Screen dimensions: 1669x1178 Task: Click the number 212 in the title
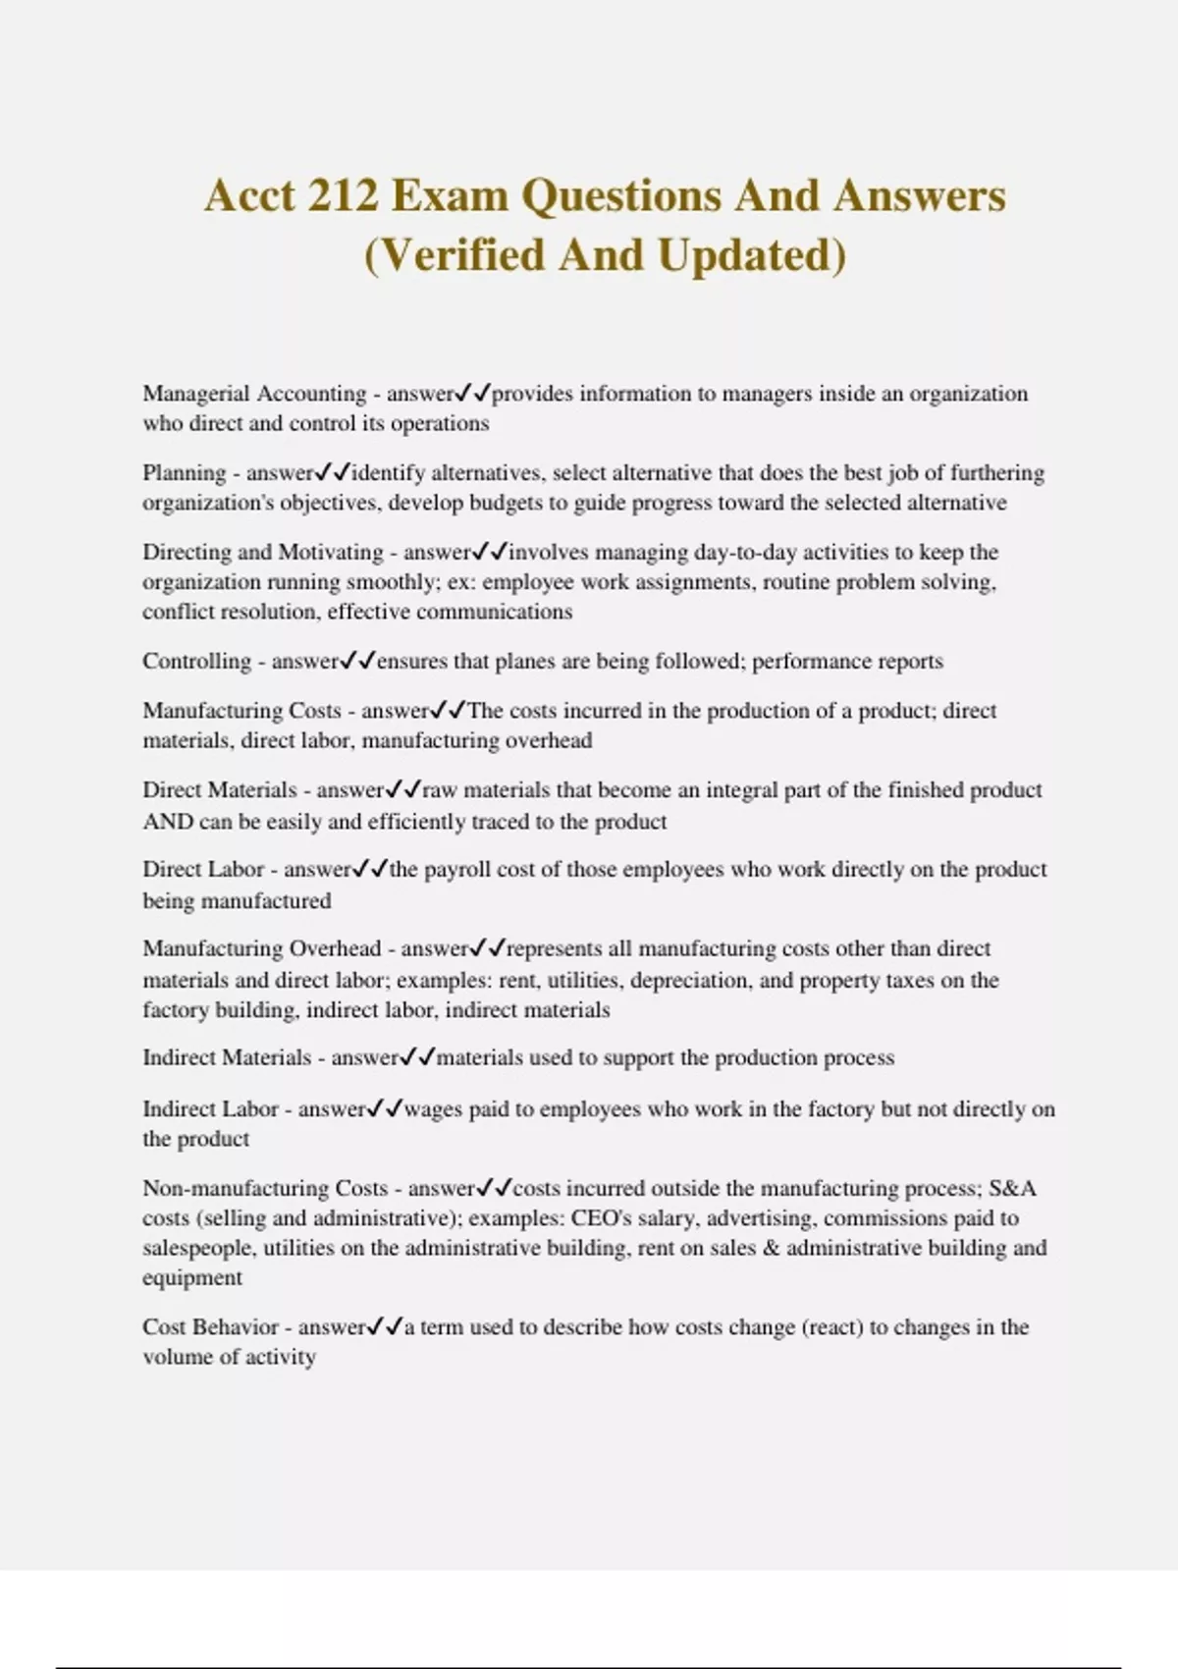[x=342, y=195]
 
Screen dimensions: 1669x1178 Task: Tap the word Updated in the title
[x=750, y=255]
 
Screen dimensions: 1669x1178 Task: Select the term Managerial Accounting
[x=254, y=394]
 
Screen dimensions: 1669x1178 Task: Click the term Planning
[x=186, y=473]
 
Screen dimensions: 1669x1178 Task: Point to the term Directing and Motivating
[x=263, y=552]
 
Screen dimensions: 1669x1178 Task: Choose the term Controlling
[x=196, y=661]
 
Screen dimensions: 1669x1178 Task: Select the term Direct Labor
[x=203, y=870]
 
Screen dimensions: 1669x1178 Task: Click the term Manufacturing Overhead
[x=261, y=948]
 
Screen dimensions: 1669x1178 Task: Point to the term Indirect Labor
[x=210, y=1109]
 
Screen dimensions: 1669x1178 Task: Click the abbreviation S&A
[x=1012, y=1188]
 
